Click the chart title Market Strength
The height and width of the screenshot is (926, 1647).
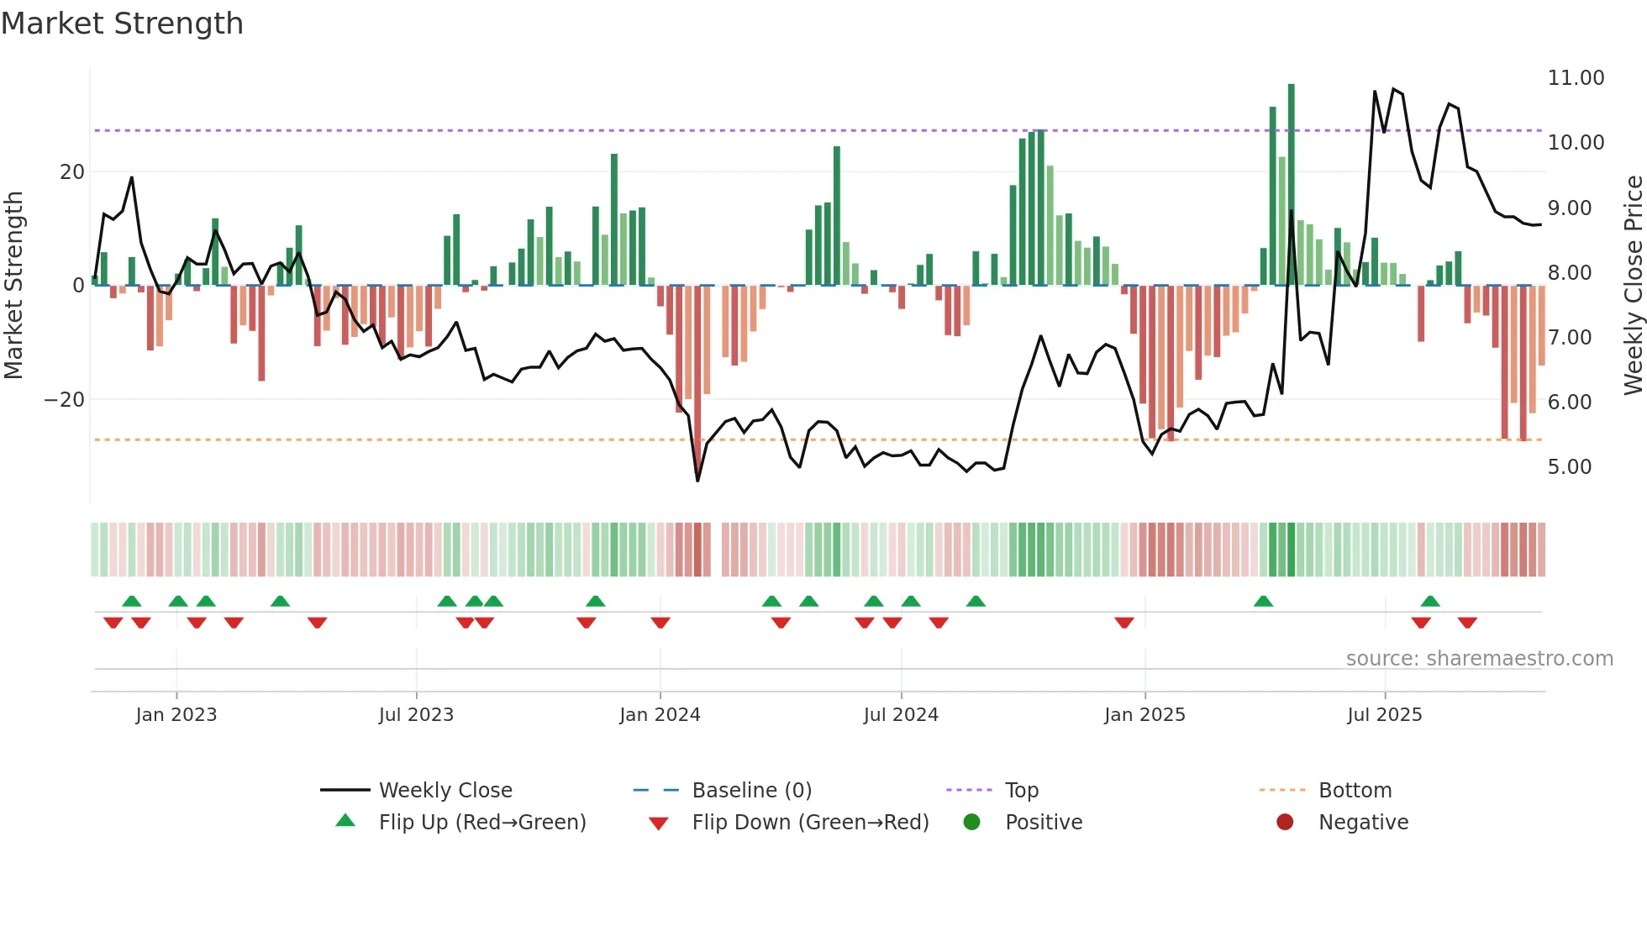(122, 24)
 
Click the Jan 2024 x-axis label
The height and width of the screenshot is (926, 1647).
(660, 715)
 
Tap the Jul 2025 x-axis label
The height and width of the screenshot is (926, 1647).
(1384, 715)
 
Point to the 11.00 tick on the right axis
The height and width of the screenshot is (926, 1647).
(1576, 78)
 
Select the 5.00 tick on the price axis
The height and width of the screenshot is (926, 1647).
(1569, 467)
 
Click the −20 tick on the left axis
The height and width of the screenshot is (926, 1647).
(65, 400)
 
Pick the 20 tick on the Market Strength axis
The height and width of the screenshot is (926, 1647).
(72, 172)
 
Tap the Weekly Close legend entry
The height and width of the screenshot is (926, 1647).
(445, 791)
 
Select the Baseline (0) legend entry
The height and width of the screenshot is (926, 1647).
(751, 791)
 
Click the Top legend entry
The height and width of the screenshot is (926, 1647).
(1021, 791)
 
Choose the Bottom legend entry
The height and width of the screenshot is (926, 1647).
(1355, 791)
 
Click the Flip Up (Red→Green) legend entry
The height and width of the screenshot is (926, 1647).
(481, 823)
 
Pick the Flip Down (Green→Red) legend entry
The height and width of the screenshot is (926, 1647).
(809, 823)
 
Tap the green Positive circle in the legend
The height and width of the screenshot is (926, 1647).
(972, 823)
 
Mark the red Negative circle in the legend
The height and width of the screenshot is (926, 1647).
(1285, 823)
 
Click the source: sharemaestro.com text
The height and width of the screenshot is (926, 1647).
(1479, 659)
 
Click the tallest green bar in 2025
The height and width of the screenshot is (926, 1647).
(1292, 185)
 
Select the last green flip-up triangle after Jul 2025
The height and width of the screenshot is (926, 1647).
(1430, 601)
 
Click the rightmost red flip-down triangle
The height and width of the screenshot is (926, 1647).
(1467, 623)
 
